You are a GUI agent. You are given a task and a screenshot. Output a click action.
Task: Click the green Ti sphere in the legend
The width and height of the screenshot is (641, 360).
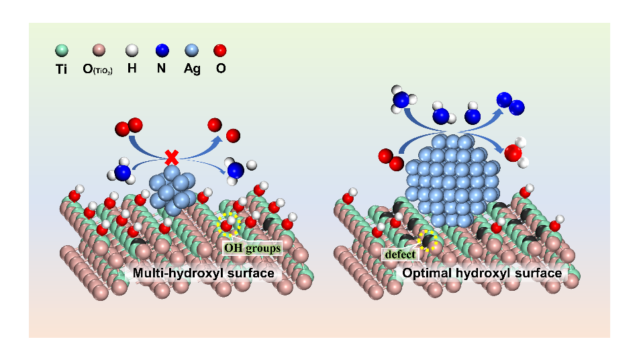tap(62, 50)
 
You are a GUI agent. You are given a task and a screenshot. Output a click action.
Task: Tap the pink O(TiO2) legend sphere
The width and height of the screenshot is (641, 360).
tap(99, 50)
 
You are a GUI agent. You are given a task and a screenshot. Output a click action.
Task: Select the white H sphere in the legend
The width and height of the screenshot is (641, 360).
tap(132, 50)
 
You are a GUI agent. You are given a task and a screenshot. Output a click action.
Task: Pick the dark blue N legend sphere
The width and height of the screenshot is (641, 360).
tap(162, 50)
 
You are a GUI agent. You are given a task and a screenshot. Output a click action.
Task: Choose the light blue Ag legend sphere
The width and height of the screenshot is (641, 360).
tap(192, 50)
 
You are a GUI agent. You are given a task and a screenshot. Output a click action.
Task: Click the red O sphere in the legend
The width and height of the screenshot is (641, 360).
tap(220, 50)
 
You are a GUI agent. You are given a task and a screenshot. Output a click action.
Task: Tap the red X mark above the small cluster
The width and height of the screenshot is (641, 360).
tap(172, 158)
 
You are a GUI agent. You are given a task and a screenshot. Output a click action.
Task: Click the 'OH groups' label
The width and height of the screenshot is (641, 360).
tap(252, 247)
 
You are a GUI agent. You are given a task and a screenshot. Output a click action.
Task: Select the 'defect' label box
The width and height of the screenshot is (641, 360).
tap(401, 255)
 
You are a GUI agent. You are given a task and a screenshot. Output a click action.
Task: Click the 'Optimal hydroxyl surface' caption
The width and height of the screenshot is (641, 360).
tap(481, 273)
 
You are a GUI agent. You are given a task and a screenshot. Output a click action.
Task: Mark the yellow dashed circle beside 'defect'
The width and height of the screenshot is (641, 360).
tap(428, 240)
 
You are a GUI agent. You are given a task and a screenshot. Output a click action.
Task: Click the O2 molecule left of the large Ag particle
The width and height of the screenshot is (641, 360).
tap(389, 159)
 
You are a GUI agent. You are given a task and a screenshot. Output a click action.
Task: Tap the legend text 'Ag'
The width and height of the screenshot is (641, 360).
tap(192, 69)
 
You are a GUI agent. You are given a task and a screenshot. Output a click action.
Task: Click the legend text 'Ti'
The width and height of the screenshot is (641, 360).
tap(62, 69)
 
